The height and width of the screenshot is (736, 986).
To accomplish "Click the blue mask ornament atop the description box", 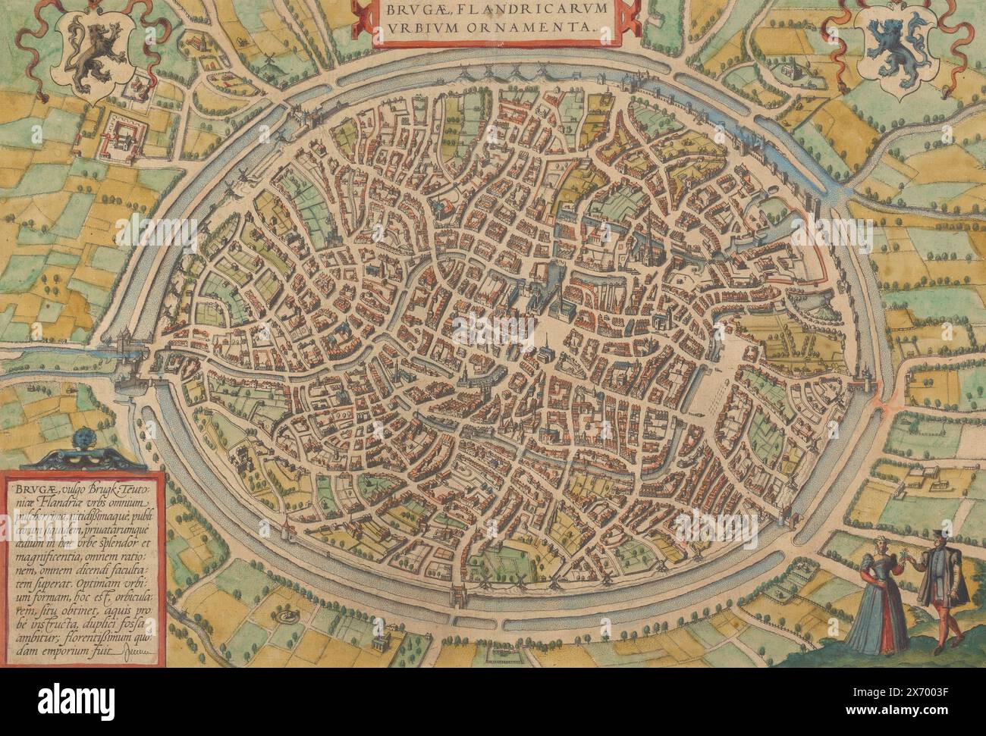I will coord(81,440).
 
